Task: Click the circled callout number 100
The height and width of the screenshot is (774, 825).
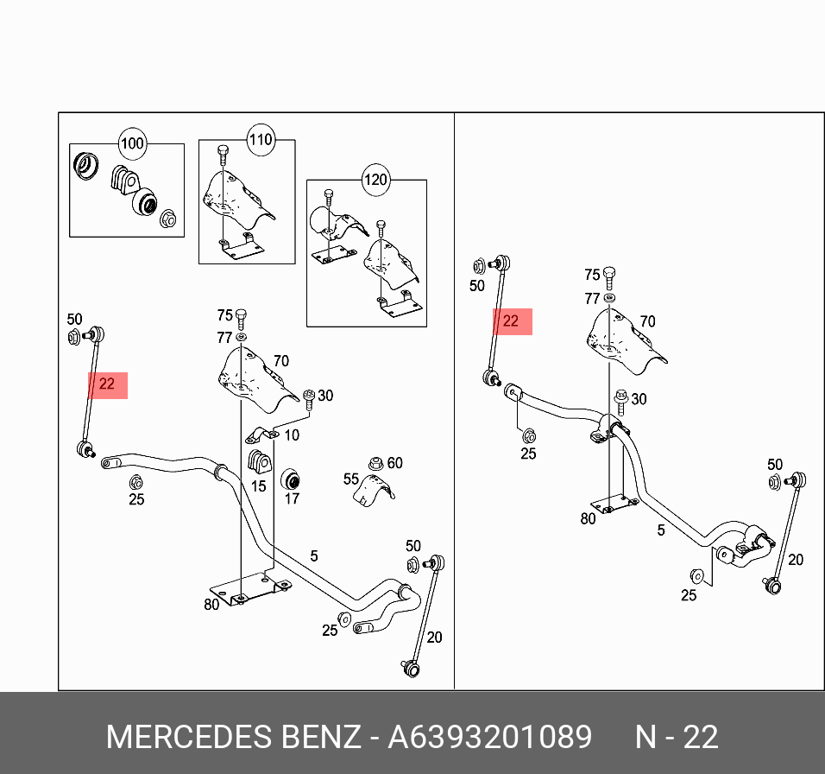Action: coord(132,143)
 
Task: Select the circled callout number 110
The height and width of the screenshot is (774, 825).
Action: coord(260,139)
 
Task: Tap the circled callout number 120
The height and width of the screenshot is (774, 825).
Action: coord(375,181)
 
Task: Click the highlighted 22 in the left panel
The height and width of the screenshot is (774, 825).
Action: coord(107,384)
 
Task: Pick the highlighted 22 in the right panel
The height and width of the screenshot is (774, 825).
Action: coord(511,321)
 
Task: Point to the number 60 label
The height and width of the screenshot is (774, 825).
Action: coord(394,463)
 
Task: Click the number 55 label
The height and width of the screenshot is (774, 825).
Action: coord(351,478)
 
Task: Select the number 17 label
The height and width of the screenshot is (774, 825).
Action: coord(292,498)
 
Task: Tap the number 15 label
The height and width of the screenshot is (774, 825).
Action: coord(258,486)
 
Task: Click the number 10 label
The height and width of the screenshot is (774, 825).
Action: coord(292,435)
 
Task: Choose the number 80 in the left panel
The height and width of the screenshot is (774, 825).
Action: coord(211,605)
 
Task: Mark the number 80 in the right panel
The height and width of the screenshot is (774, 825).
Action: coord(588,519)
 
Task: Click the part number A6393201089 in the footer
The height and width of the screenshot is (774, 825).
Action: coord(490,738)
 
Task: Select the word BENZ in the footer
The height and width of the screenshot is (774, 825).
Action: coord(321,738)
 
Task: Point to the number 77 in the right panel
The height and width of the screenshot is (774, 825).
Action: coord(592,299)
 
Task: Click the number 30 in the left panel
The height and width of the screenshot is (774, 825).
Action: coord(325,396)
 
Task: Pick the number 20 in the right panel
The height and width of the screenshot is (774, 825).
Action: coord(796,560)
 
